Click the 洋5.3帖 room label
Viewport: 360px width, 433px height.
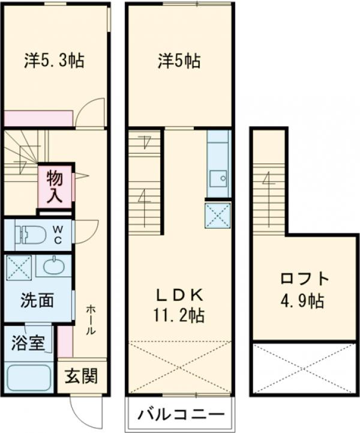click(54, 60)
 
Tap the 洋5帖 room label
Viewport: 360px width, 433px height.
click(179, 61)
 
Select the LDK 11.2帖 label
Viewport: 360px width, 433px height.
click(179, 304)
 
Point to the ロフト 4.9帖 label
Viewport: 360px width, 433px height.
click(304, 289)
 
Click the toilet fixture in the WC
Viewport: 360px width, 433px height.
click(30, 234)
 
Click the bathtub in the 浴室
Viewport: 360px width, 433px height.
click(29, 378)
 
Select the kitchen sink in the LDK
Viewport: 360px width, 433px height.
click(218, 177)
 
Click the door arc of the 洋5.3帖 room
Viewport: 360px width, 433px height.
click(90, 113)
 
